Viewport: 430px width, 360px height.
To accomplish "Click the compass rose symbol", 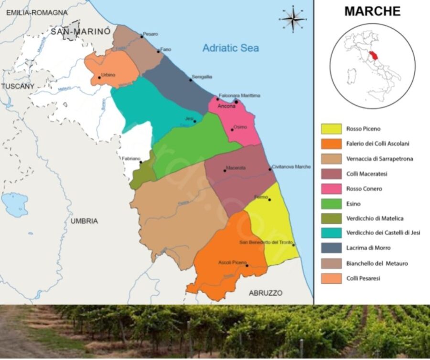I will click(292, 19).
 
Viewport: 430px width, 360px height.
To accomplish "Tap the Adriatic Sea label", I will click(230, 48).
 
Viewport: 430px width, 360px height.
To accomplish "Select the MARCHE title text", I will click(372, 11).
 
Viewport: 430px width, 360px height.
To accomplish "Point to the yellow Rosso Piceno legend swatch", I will click(332, 128).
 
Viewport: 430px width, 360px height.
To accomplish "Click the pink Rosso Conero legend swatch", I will click(332, 189).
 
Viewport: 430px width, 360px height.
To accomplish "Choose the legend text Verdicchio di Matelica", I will click(375, 218).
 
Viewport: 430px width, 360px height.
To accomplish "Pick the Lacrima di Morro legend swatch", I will click(332, 248).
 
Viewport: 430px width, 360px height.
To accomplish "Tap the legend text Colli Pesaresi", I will click(363, 278).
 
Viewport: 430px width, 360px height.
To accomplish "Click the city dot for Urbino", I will click(99, 77).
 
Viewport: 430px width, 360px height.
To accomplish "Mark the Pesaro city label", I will click(150, 34).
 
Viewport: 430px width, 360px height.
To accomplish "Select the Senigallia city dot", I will click(190, 80).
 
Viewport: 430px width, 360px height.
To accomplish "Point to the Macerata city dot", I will click(225, 170).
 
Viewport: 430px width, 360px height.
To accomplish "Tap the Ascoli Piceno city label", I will click(232, 263).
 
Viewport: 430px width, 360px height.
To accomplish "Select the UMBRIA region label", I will click(84, 221).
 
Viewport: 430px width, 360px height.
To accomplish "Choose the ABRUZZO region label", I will click(265, 293).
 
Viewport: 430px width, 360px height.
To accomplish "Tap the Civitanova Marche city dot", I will click(270, 169).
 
